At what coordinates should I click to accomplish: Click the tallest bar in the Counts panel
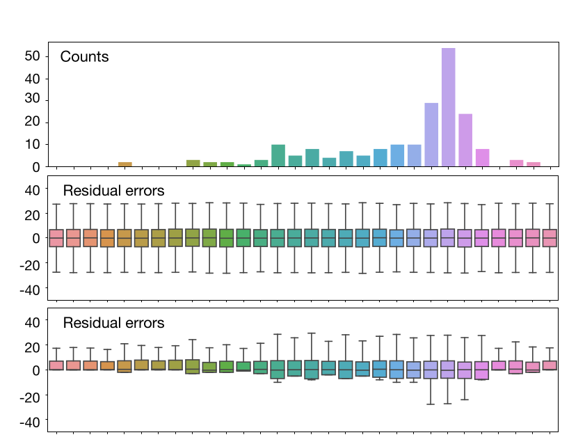[448, 107]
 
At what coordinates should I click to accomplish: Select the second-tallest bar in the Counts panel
[431, 134]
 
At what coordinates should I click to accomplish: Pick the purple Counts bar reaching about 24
[465, 140]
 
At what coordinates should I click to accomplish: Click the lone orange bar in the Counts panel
[125, 164]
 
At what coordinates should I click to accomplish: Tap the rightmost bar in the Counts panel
[534, 164]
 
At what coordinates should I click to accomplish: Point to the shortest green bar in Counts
[244, 166]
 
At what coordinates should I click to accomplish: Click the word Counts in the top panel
[84, 57]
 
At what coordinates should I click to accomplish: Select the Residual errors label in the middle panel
[113, 190]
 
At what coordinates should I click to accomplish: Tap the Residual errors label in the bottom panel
[113, 323]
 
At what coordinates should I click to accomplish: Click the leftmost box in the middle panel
[57, 238]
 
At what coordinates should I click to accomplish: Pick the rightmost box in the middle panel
[550, 238]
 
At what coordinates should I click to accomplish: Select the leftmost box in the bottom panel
[57, 365]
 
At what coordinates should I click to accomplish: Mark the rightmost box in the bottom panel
[550, 365]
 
